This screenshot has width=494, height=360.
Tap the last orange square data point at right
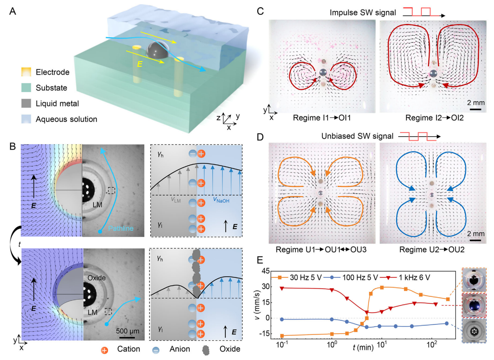[447, 299]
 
